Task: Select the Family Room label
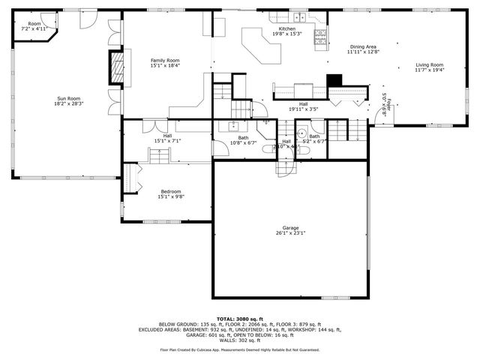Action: (165, 62)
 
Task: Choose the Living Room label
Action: (430, 67)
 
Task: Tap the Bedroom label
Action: (171, 193)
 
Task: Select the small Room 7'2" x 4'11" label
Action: (34, 26)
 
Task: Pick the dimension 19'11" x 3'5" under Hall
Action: (303, 109)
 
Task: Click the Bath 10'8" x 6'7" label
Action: (243, 140)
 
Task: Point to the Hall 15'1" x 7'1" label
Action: (167, 138)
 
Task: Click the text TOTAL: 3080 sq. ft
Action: (239, 319)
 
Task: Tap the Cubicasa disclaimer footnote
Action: (239, 349)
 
